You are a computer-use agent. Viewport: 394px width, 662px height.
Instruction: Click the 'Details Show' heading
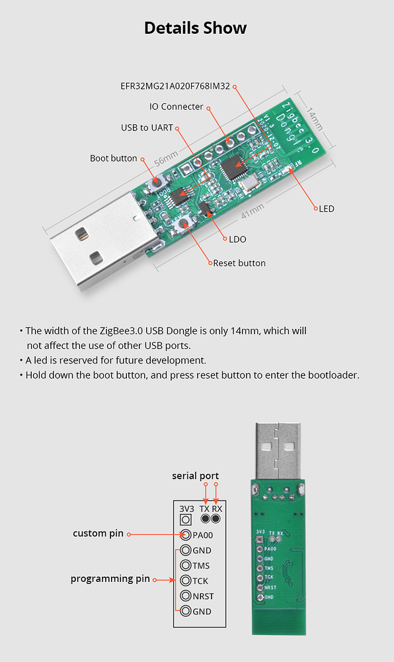click(x=196, y=28)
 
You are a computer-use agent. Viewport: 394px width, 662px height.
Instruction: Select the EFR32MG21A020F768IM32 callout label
click(x=175, y=86)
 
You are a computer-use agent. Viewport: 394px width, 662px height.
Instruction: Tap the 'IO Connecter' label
click(x=176, y=107)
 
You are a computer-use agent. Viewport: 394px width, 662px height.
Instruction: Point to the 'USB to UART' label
click(x=147, y=127)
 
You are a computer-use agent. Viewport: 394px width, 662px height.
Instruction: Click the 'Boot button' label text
click(x=113, y=158)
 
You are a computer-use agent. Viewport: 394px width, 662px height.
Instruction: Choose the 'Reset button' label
click(x=239, y=263)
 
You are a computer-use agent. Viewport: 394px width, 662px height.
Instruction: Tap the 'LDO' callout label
click(x=237, y=239)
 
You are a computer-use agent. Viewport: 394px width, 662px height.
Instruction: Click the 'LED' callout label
click(x=327, y=209)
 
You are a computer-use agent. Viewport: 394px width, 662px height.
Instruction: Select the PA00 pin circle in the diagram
click(x=186, y=535)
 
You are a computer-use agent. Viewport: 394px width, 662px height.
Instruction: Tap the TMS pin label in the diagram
click(x=201, y=565)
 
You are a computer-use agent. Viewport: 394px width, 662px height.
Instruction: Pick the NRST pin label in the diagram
click(x=203, y=596)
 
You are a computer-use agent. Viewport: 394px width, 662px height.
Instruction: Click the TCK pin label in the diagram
click(x=200, y=581)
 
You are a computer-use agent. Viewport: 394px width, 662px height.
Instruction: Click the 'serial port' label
click(x=195, y=476)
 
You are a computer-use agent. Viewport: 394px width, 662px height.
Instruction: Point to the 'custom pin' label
click(x=98, y=534)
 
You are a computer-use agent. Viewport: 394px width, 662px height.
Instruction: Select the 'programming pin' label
click(x=110, y=579)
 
